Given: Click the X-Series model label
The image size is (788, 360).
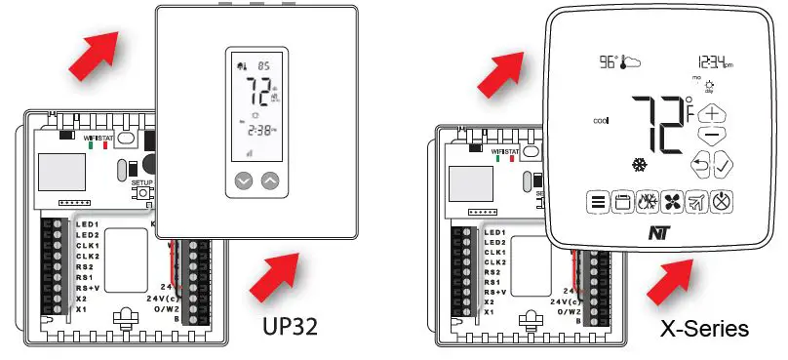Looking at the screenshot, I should click(x=702, y=327).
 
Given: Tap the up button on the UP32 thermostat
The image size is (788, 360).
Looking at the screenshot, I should click(x=270, y=180).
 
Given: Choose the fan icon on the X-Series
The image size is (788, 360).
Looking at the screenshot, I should click(x=673, y=203).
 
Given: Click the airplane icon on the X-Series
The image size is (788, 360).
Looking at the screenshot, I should click(x=698, y=203).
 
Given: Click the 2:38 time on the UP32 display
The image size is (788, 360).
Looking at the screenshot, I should click(x=257, y=129).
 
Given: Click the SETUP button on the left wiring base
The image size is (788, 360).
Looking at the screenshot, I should click(x=142, y=192).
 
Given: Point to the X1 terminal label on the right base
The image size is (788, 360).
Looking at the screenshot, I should click(x=495, y=311).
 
